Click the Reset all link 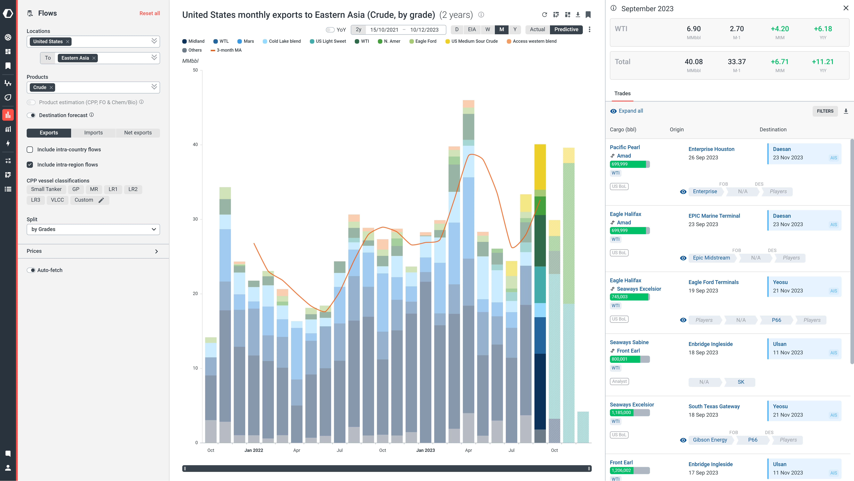click(x=149, y=13)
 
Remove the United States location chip click(x=68, y=42)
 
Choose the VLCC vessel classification click(x=57, y=200)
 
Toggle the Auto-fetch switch click(x=31, y=270)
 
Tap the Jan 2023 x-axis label click(x=425, y=451)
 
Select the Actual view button click(x=537, y=29)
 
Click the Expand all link click(x=631, y=111)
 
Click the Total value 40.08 click(x=694, y=62)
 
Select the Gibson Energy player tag click(x=710, y=440)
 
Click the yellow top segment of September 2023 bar click(x=540, y=167)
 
